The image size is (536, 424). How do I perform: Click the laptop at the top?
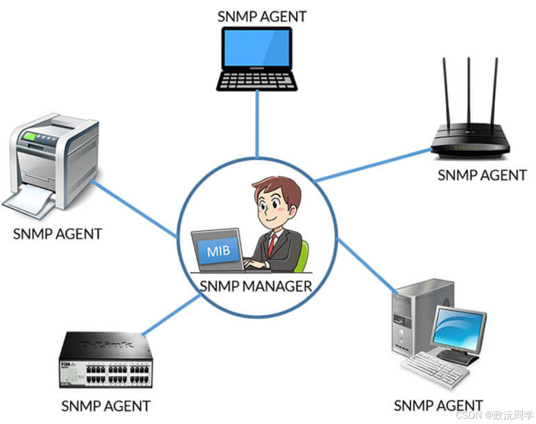click(x=257, y=57)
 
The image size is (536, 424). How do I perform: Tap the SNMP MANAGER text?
click(x=256, y=286)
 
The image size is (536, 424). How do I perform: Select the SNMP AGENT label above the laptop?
click(x=262, y=15)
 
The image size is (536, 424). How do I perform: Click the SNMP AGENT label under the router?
click(x=482, y=175)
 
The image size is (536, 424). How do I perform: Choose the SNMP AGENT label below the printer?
click(x=57, y=234)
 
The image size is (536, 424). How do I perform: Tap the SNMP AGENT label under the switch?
click(x=106, y=406)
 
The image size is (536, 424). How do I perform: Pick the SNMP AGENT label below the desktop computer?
click(x=438, y=406)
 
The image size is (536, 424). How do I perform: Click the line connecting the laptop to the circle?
click(x=257, y=123)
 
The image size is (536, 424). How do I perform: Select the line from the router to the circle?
click(x=372, y=165)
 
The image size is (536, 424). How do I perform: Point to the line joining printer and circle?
click(x=135, y=209)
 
